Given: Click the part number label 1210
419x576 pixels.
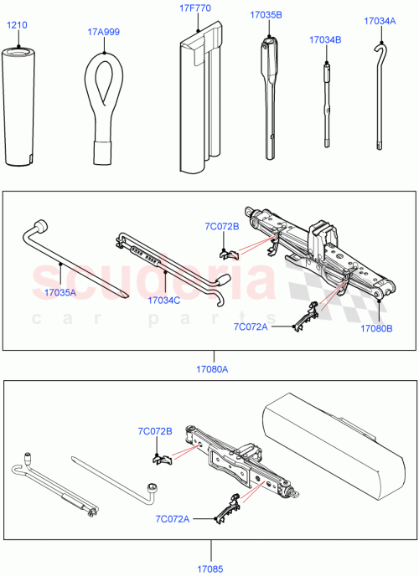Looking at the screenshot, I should tap(17, 25).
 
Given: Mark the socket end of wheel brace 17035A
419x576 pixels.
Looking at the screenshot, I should tap(39, 226).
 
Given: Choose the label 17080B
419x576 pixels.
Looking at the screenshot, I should tap(377, 328).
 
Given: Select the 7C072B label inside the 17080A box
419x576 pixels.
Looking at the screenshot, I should tap(221, 226).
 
